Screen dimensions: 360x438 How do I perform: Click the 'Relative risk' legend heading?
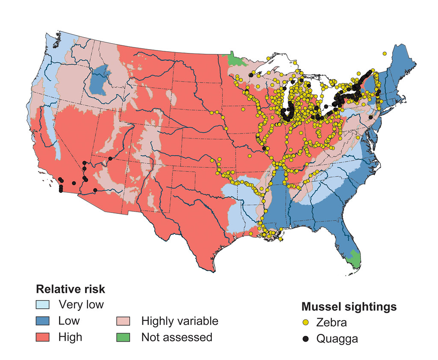tap(71, 289)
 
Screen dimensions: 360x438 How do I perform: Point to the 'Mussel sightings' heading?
tap(349, 307)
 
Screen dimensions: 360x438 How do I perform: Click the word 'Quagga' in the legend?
tap(337, 339)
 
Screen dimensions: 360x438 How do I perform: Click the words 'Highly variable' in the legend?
tap(180, 321)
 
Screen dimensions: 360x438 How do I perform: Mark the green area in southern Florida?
tap(354, 258)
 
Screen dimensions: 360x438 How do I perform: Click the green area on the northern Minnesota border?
tap(235, 59)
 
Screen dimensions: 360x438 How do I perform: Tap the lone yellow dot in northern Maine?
tap(385, 53)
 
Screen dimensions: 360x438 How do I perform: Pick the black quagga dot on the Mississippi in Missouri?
tap(264, 148)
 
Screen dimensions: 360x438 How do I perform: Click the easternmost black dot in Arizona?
tap(110, 159)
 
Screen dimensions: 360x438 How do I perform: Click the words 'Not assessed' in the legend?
tap(177, 337)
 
